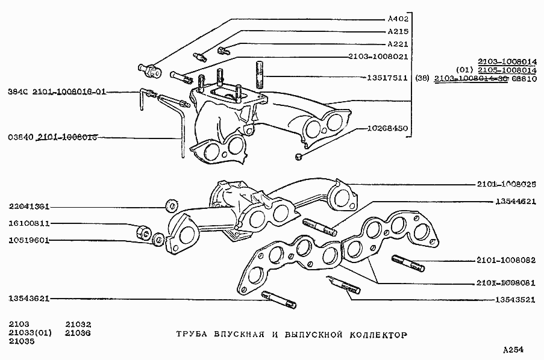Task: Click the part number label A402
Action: click(398, 19)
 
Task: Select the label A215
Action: click(398, 31)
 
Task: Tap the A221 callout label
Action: click(398, 44)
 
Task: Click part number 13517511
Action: click(387, 78)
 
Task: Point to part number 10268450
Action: click(387, 129)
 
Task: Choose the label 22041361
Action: click(29, 206)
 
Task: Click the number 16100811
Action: click(29, 223)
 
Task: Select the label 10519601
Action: click(29, 240)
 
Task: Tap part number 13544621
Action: click(516, 202)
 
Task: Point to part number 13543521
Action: click(516, 299)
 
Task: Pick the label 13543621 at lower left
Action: click(29, 298)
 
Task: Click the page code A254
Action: click(514, 349)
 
